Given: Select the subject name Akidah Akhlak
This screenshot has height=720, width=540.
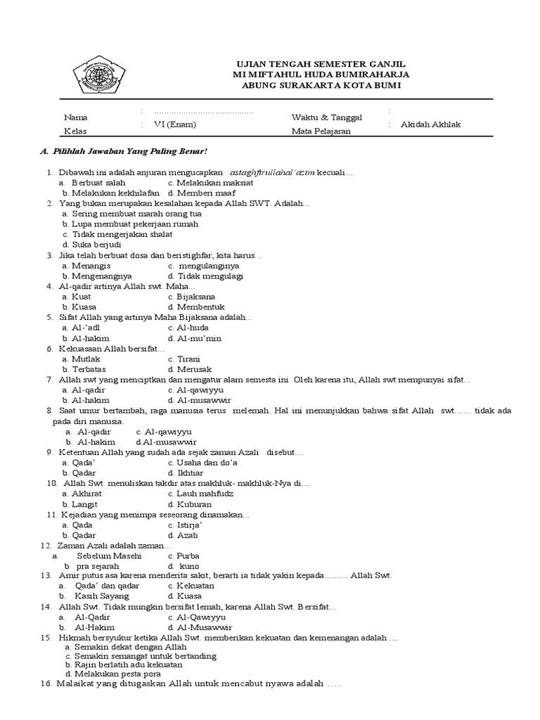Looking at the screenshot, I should click(x=430, y=124).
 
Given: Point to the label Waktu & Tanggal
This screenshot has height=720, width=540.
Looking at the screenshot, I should click(x=326, y=117).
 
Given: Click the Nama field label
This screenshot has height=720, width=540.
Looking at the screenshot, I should click(x=75, y=117).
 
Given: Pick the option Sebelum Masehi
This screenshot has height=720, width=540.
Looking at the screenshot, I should click(x=109, y=555).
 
